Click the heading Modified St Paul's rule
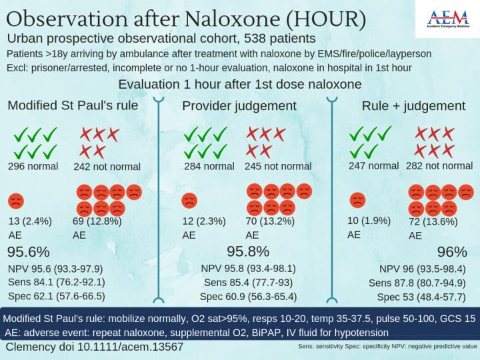click(x=73, y=105)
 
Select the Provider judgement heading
click(x=239, y=105)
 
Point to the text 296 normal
click(x=33, y=166)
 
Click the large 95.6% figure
click(x=29, y=252)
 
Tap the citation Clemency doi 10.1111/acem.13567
click(x=94, y=347)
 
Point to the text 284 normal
click(x=208, y=166)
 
